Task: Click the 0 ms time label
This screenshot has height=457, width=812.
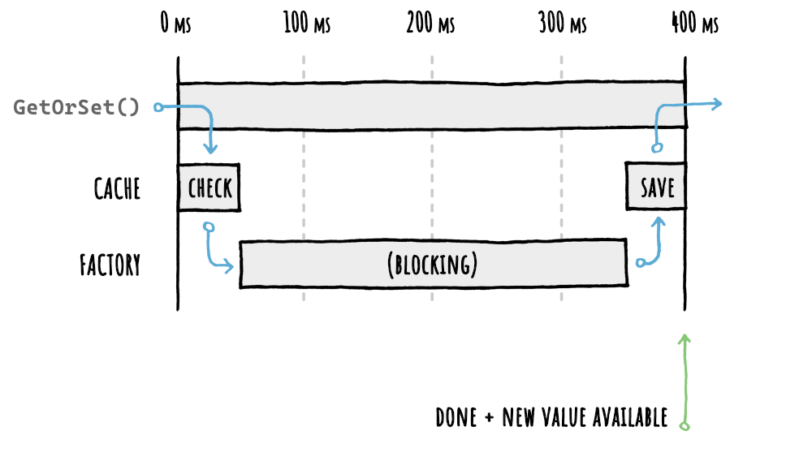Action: coord(175,24)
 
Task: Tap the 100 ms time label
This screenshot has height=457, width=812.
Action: coord(307,24)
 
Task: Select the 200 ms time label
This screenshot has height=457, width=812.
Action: coord(430,24)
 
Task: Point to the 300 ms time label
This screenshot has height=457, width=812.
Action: coord(562,24)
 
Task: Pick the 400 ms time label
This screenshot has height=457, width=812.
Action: coord(695,24)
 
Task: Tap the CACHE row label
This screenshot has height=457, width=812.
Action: coord(117,189)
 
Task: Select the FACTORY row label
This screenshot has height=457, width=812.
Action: coord(110,265)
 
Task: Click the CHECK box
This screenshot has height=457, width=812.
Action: coord(209,188)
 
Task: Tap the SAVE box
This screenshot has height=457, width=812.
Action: coord(656,188)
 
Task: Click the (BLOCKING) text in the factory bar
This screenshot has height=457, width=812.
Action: coord(432,265)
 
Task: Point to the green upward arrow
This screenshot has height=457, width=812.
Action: coord(685,373)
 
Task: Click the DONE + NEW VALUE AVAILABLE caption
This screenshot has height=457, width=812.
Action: coord(551,417)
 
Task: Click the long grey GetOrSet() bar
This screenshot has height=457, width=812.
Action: coord(430,105)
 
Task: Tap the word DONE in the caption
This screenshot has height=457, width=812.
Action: coord(456,417)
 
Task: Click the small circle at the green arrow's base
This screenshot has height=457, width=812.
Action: coord(685,425)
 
